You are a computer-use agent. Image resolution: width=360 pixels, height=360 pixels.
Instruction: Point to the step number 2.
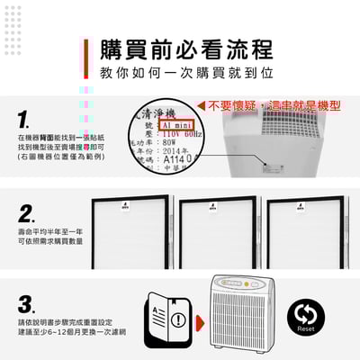27,214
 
